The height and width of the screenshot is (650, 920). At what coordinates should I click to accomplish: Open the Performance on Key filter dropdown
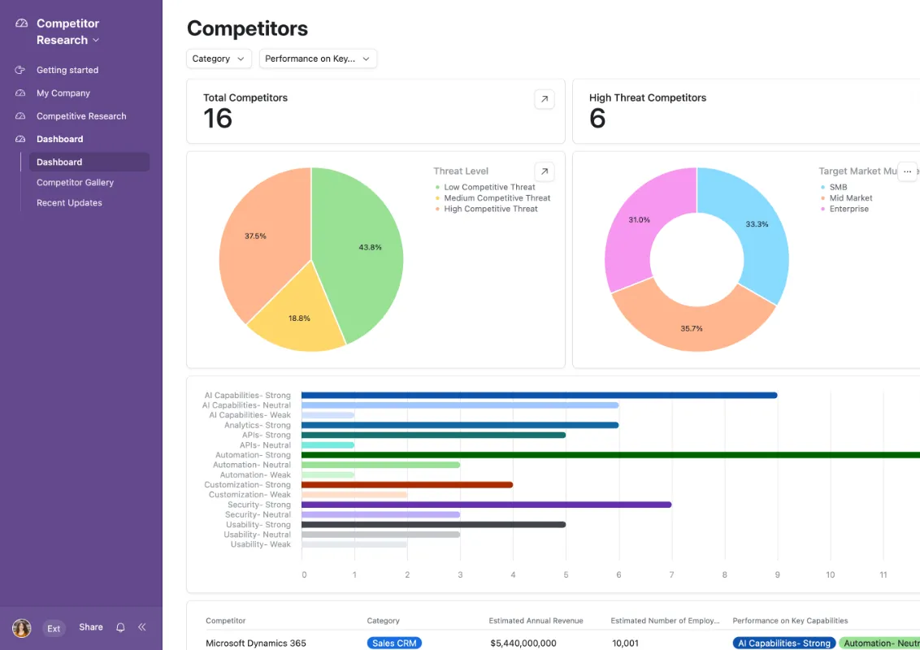(x=317, y=58)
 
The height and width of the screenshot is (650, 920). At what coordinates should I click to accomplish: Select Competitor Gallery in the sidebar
(x=75, y=183)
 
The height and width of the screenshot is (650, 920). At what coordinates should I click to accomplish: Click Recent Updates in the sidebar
(x=69, y=203)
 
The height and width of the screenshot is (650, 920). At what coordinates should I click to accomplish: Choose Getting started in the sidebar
(x=67, y=70)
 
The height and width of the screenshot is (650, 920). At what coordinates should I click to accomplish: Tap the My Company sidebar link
(x=63, y=93)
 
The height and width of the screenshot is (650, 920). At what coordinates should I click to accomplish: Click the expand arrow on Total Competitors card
(x=545, y=99)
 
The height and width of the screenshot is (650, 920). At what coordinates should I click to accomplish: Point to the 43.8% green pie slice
(x=362, y=244)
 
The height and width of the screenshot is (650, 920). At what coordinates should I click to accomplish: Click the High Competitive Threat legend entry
(x=491, y=209)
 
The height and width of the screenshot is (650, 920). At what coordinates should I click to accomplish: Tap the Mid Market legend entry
(x=851, y=198)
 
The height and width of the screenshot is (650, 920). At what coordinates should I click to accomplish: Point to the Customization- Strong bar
(x=406, y=485)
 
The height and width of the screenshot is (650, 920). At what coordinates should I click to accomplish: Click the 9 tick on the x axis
(x=777, y=574)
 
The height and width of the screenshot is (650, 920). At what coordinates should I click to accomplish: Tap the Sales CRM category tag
(x=394, y=643)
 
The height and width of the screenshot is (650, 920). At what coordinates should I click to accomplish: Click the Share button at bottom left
(x=91, y=627)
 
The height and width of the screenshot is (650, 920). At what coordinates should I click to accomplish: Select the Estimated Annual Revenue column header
(x=536, y=621)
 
